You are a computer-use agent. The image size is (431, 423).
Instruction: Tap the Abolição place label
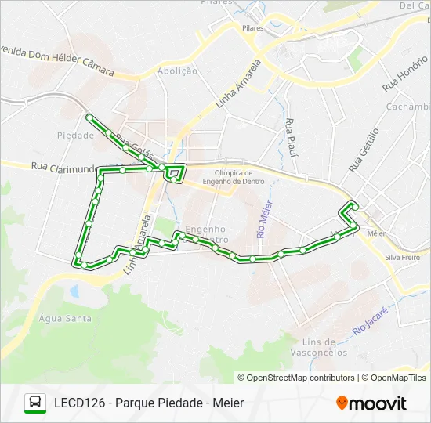pos(176,70)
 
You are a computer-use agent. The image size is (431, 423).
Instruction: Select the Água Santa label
pos(65,318)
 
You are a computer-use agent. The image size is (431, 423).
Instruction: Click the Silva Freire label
pos(403,257)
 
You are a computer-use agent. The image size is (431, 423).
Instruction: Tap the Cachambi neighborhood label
pos(407,107)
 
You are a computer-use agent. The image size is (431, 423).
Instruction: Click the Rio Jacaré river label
pos(370,320)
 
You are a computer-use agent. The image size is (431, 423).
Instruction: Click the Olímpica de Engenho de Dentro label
pos(238,177)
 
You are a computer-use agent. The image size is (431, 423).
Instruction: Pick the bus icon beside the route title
pos(35,403)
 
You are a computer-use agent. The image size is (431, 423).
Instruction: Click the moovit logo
pos(371,403)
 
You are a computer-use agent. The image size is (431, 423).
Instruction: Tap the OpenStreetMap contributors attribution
pos(296,378)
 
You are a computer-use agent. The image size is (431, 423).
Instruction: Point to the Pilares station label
pos(252,28)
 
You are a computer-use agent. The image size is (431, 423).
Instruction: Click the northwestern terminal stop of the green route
pos(89,117)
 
